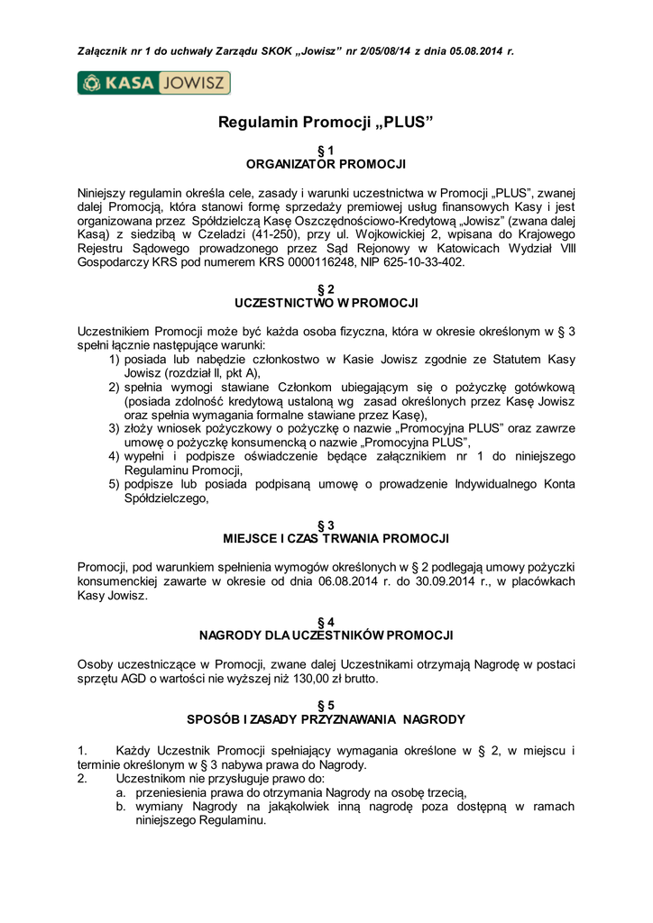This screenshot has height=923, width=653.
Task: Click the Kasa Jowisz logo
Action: pos(154,84)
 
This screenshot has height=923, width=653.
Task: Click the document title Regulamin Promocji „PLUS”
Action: pos(326,122)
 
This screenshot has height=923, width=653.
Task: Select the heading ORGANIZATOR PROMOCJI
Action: pos(326,164)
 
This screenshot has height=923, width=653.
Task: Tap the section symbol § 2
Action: pos(326,288)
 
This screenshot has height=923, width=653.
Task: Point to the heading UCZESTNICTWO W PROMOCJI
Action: pos(326,302)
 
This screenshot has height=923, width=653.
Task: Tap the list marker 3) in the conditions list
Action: pos(115,428)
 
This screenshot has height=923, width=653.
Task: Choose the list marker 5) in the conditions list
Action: pos(115,484)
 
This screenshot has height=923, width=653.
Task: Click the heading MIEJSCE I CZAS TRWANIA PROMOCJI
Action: pos(326,538)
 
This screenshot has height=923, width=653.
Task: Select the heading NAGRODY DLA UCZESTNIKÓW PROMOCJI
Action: pos(326,635)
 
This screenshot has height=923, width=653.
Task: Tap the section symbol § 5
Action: pos(326,705)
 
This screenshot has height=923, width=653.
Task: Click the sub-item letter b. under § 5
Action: pos(120,807)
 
